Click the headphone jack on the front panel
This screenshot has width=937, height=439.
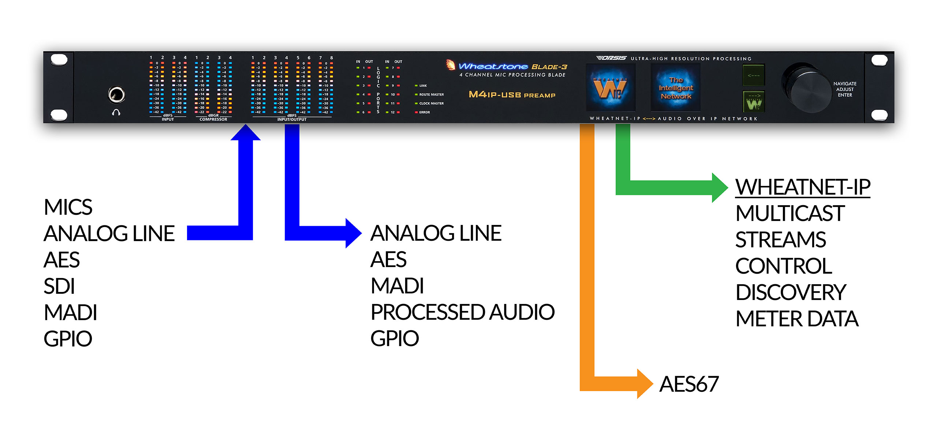coord(116,95)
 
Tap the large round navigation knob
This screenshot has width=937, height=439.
coord(807,88)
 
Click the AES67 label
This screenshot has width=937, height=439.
coord(689,384)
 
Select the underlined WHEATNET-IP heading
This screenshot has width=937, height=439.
coord(803,187)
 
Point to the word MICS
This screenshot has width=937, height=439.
coord(68,207)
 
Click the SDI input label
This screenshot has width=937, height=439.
coord(59,286)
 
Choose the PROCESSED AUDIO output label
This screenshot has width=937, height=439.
coord(462,312)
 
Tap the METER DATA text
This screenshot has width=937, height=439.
coord(797,319)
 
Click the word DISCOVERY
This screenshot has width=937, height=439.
coord(791,292)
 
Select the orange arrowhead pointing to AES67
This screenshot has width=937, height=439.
coord(645,384)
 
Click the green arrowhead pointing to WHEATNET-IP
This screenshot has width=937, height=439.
coord(720,187)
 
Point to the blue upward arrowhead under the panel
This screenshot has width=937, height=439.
coord(246,133)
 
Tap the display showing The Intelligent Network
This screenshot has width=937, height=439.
coord(676,88)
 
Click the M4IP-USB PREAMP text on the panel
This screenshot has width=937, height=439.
coord(512,95)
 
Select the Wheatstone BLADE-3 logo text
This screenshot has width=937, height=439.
coord(512,67)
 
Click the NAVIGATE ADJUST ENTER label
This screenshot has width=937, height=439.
coord(845,89)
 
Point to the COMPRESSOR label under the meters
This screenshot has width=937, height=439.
coord(213,120)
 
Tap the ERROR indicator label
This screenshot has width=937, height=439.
coord(424,112)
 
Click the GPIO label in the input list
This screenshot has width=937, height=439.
coord(68,339)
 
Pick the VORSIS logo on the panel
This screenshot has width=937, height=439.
coord(611,58)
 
